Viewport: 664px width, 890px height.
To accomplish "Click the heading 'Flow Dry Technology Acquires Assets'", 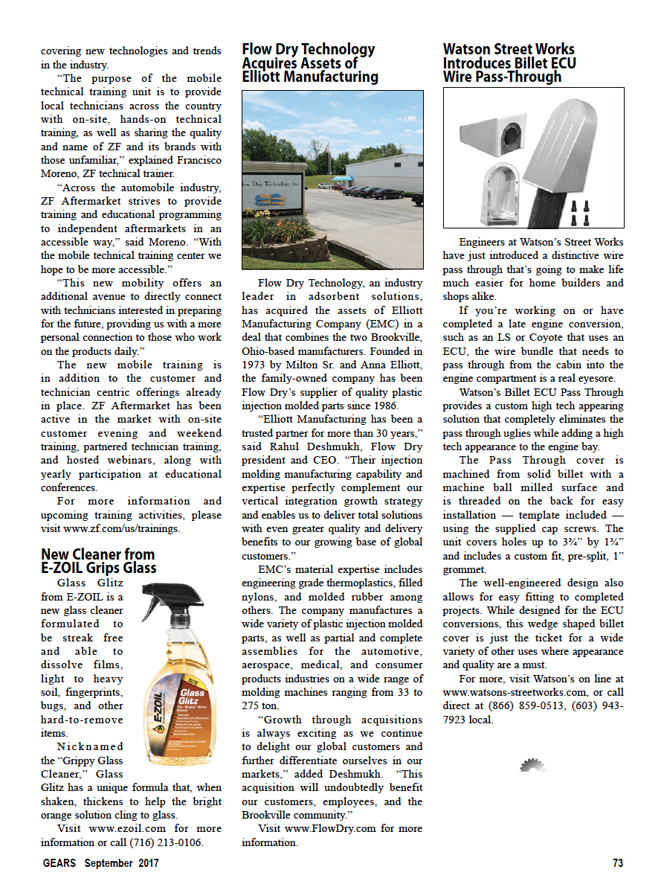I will tap(309, 63).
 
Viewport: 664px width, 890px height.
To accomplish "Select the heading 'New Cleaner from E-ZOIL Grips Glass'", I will tap(98, 561).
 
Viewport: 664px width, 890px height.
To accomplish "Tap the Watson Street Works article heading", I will tap(509, 63).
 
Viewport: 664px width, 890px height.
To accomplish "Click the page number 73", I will tap(617, 863).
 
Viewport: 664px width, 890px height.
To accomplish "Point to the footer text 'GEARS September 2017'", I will tap(100, 863).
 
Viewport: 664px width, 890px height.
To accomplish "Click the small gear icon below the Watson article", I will tap(532, 764).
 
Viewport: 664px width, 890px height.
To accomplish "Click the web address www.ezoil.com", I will tap(122, 828).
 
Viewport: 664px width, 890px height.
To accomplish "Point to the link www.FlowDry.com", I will tap(332, 828).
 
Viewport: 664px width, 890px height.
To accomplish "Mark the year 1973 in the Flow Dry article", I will tap(253, 365).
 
